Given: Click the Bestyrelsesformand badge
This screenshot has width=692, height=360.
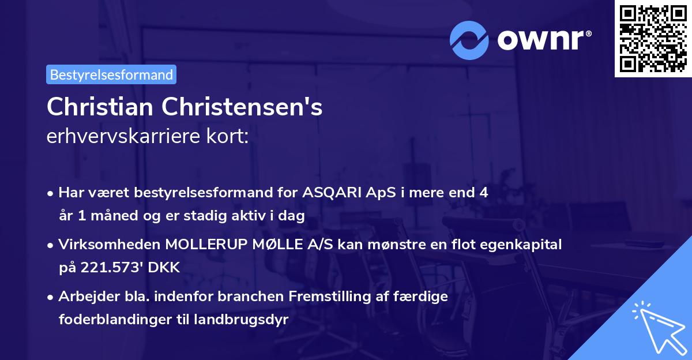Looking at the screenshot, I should pyautogui.click(x=111, y=74).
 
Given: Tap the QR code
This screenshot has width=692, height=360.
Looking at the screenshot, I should pyautogui.click(x=653, y=39).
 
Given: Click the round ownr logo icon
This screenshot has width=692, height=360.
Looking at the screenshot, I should pyautogui.click(x=469, y=39).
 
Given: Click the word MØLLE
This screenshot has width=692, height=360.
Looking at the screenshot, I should pyautogui.click(x=273, y=245).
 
